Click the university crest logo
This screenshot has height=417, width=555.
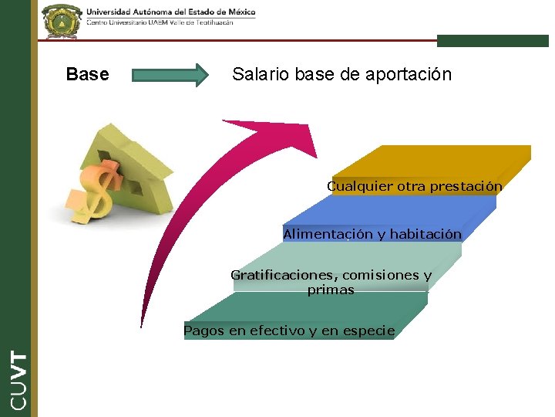click(x=61, y=21)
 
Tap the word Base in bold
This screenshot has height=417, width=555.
click(x=87, y=75)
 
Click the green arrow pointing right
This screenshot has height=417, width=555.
click(x=170, y=75)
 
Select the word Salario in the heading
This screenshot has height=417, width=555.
click(x=259, y=75)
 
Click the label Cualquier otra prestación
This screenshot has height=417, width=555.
click(x=414, y=186)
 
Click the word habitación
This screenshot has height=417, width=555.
click(x=425, y=234)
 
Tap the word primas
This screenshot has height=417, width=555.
click(x=331, y=290)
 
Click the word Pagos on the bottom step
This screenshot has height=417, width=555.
click(x=203, y=331)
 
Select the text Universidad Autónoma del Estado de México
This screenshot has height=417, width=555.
click(x=170, y=12)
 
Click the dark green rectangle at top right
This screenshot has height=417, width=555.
click(x=493, y=41)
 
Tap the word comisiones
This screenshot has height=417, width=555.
click(x=379, y=275)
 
